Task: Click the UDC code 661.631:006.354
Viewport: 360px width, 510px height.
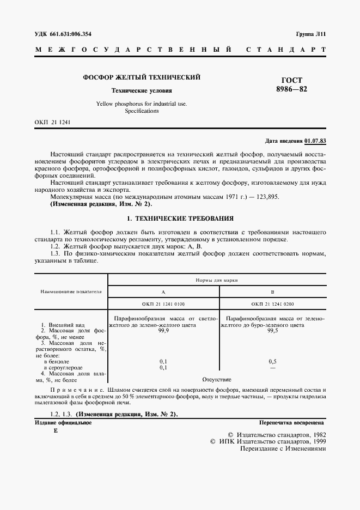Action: click(x=69, y=34)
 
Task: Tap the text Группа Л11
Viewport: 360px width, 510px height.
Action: click(x=311, y=34)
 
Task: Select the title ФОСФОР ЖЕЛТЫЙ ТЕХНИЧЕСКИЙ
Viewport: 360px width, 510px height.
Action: click(x=142, y=78)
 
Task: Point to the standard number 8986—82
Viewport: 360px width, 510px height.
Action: click(x=292, y=90)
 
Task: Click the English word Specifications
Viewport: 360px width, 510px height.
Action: click(x=142, y=111)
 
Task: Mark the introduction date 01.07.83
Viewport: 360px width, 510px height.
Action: click(x=315, y=141)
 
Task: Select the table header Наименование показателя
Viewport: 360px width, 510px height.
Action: click(x=71, y=291)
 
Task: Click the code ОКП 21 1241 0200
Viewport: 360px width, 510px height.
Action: click(x=273, y=303)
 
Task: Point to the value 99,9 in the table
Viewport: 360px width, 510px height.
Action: click(x=163, y=331)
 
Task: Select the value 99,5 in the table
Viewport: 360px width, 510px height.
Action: click(x=273, y=331)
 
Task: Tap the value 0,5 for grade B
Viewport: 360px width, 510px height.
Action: click(x=273, y=361)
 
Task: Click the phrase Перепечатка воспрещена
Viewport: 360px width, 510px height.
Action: click(x=292, y=422)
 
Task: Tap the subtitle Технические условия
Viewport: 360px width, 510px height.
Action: click(x=142, y=90)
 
